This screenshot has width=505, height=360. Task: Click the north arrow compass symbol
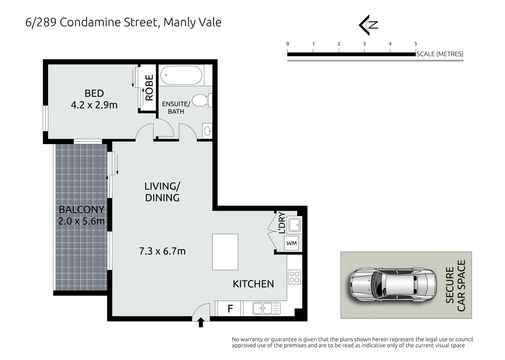368,25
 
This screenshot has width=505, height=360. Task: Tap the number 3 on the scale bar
364,44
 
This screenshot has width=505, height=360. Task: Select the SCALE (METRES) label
440,54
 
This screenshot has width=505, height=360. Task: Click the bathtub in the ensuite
181,75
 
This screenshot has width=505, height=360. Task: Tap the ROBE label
149,88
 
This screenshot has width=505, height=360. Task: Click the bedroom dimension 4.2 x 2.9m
94,105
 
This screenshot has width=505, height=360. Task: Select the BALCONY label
81,209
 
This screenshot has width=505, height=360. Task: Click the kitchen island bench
225,252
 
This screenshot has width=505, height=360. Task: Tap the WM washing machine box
292,243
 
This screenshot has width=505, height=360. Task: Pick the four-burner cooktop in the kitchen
294,276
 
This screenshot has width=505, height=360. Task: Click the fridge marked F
230,309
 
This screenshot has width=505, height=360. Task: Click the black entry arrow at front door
201,323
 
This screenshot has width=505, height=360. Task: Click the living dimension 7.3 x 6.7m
162,251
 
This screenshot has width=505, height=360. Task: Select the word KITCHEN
253,284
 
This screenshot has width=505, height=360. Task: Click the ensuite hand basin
207,131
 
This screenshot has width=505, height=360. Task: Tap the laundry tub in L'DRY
294,225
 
